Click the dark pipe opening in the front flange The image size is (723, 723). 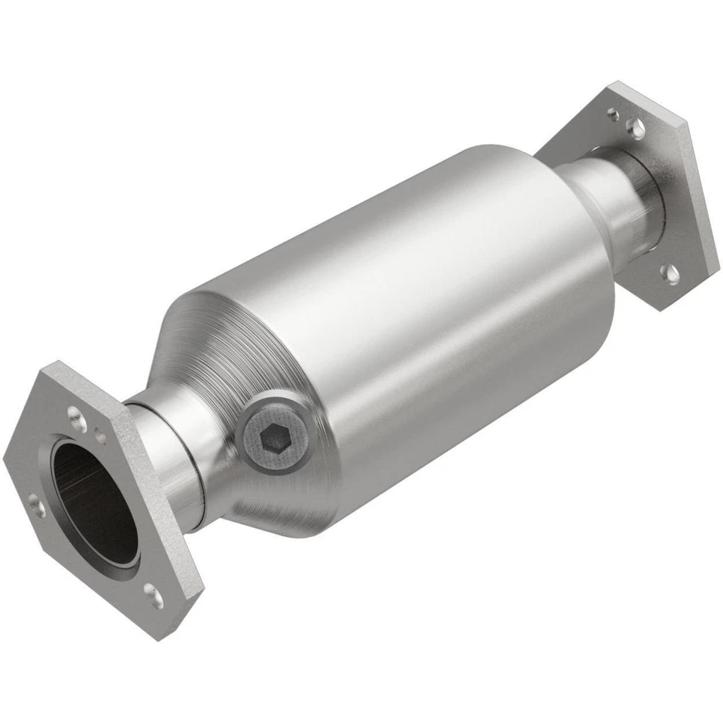[93, 501]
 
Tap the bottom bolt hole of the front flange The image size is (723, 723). [154, 596]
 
